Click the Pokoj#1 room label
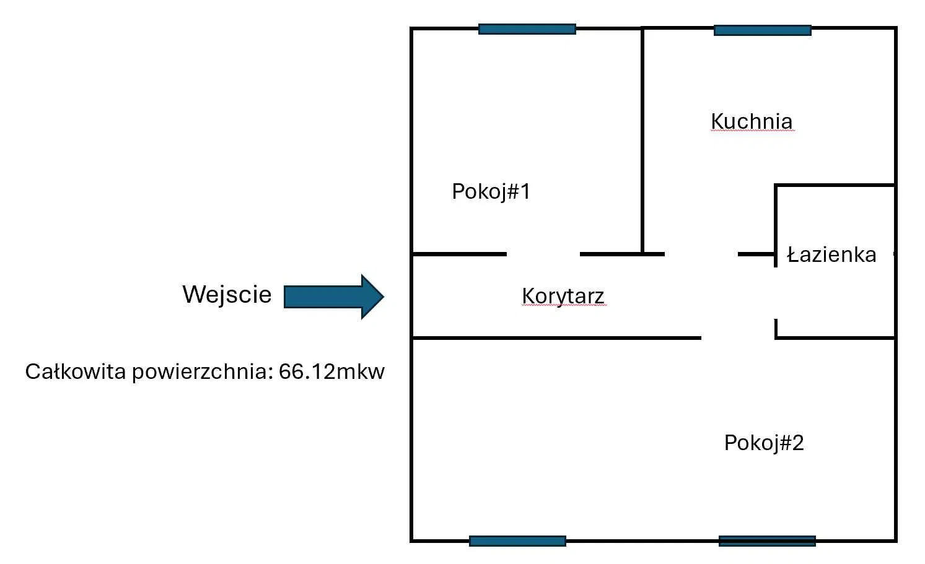pos(491,192)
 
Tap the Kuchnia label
pos(752,121)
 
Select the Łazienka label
pos(831,254)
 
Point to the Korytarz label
pos(563,296)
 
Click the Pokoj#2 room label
pos(764,443)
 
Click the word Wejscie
pos(227,295)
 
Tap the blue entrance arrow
pos(334,297)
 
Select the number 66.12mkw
pos(331,371)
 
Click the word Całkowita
pos(75,371)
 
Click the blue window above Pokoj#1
pos(527,29)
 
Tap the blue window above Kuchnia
pos(762,30)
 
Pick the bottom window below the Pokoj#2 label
pos(767,541)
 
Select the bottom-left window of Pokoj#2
pos(517,541)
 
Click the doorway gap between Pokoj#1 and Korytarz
pos(543,254)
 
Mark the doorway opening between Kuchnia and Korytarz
pos(701,254)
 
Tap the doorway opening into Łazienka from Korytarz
pos(776,293)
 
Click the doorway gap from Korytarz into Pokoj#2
pos(737,338)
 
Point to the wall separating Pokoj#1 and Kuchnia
pos(642,141)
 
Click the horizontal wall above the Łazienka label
pos(835,185)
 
